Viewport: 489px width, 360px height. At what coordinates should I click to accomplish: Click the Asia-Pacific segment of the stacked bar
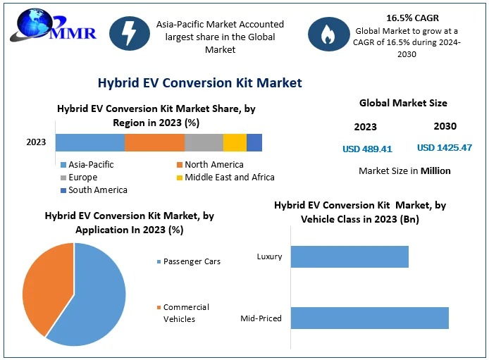(90, 142)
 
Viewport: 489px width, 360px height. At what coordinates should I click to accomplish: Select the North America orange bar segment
(155, 142)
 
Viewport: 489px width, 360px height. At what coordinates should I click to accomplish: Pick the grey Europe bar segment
(204, 142)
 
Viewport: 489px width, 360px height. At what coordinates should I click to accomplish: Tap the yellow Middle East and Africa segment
(235, 142)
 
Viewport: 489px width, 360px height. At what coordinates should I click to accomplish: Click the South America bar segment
(254, 142)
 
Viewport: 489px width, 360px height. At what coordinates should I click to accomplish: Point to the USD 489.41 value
(367, 149)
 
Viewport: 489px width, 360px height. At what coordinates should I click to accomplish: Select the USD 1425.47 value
(445, 148)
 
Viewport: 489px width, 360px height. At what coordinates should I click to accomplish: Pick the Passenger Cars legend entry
(188, 261)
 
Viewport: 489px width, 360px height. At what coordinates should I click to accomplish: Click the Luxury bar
(349, 256)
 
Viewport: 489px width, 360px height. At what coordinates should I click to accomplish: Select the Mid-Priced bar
(369, 318)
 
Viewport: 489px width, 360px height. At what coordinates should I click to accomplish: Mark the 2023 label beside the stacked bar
(36, 142)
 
